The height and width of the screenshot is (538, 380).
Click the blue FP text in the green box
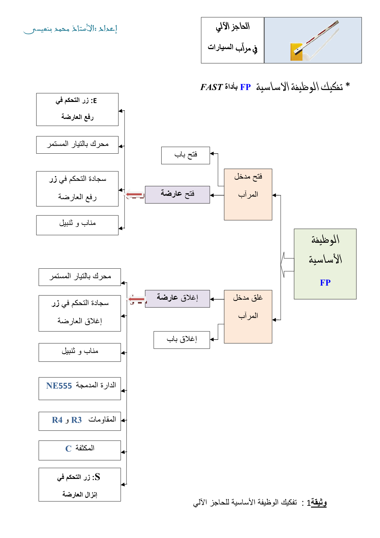click(325, 282)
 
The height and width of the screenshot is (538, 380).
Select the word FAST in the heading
click(211, 87)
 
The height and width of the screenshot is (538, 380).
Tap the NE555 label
click(59, 386)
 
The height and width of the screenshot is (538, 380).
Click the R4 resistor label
click(57, 420)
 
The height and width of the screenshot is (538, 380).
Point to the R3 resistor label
click(76, 420)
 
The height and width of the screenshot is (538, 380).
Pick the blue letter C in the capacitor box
click(68, 449)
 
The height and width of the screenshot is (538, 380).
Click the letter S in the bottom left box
click(97, 477)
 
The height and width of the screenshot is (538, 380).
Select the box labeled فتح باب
click(186, 155)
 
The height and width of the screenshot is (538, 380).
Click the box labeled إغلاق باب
click(182, 340)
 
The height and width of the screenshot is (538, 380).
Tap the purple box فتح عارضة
click(178, 195)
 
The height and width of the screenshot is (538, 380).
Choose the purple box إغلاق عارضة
click(178, 299)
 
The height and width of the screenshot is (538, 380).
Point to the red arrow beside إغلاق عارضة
click(136, 299)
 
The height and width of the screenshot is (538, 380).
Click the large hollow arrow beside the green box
click(287, 265)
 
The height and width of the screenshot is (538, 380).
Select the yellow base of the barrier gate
click(296, 52)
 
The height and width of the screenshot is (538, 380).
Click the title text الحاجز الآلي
click(232, 27)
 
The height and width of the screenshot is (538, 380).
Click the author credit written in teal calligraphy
click(70, 29)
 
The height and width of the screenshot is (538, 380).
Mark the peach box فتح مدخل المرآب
click(248, 195)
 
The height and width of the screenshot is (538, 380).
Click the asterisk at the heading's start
click(347, 85)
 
